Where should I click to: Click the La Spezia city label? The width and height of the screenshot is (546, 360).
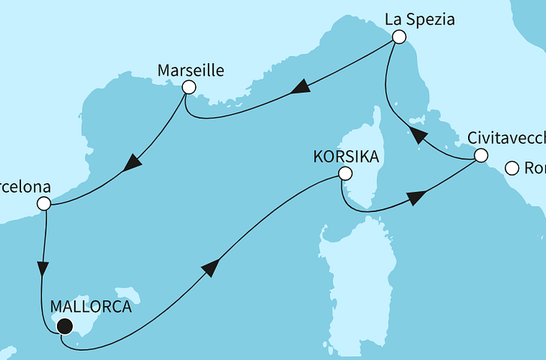[420, 20]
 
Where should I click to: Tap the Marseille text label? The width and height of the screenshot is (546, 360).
[191, 71]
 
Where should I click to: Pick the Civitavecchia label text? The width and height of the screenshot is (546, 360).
[506, 139]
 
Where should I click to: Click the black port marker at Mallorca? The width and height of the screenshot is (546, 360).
[64, 325]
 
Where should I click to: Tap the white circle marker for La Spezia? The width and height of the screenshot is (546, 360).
[399, 37]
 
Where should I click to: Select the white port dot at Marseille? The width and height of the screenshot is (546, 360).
[188, 88]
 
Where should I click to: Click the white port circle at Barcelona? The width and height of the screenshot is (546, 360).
[44, 203]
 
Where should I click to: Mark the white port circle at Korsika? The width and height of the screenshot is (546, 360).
[344, 174]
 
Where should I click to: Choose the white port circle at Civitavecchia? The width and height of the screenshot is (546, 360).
[480, 156]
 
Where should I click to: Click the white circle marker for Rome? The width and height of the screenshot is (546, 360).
[512, 169]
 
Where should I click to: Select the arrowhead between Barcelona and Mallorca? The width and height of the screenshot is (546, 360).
[44, 268]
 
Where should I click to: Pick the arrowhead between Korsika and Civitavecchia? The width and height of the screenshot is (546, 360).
[415, 198]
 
